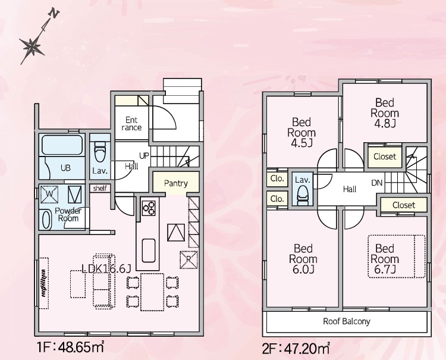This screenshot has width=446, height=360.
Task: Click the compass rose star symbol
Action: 32,47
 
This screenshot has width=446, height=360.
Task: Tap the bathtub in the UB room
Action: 62,145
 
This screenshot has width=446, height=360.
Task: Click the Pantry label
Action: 176,183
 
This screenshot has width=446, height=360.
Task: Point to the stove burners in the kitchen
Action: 149,208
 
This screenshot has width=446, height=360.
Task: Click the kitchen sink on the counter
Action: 149,251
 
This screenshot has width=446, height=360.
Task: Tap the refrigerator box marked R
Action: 189,260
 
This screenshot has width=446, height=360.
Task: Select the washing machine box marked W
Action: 49,195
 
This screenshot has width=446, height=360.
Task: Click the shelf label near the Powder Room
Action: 100,188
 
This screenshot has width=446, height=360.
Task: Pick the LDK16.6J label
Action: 106,268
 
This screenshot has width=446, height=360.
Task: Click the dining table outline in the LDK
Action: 152,292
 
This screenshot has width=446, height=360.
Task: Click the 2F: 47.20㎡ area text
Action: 296,348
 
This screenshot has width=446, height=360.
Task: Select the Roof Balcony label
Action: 347,321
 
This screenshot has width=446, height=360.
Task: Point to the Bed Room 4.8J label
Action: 385,113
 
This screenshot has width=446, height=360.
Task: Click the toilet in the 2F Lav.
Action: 303,195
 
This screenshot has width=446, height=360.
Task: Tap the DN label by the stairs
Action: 377,183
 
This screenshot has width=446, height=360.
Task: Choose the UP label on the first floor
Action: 144,156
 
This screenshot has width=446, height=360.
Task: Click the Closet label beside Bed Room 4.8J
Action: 385,156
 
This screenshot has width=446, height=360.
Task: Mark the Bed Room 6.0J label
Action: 303,259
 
